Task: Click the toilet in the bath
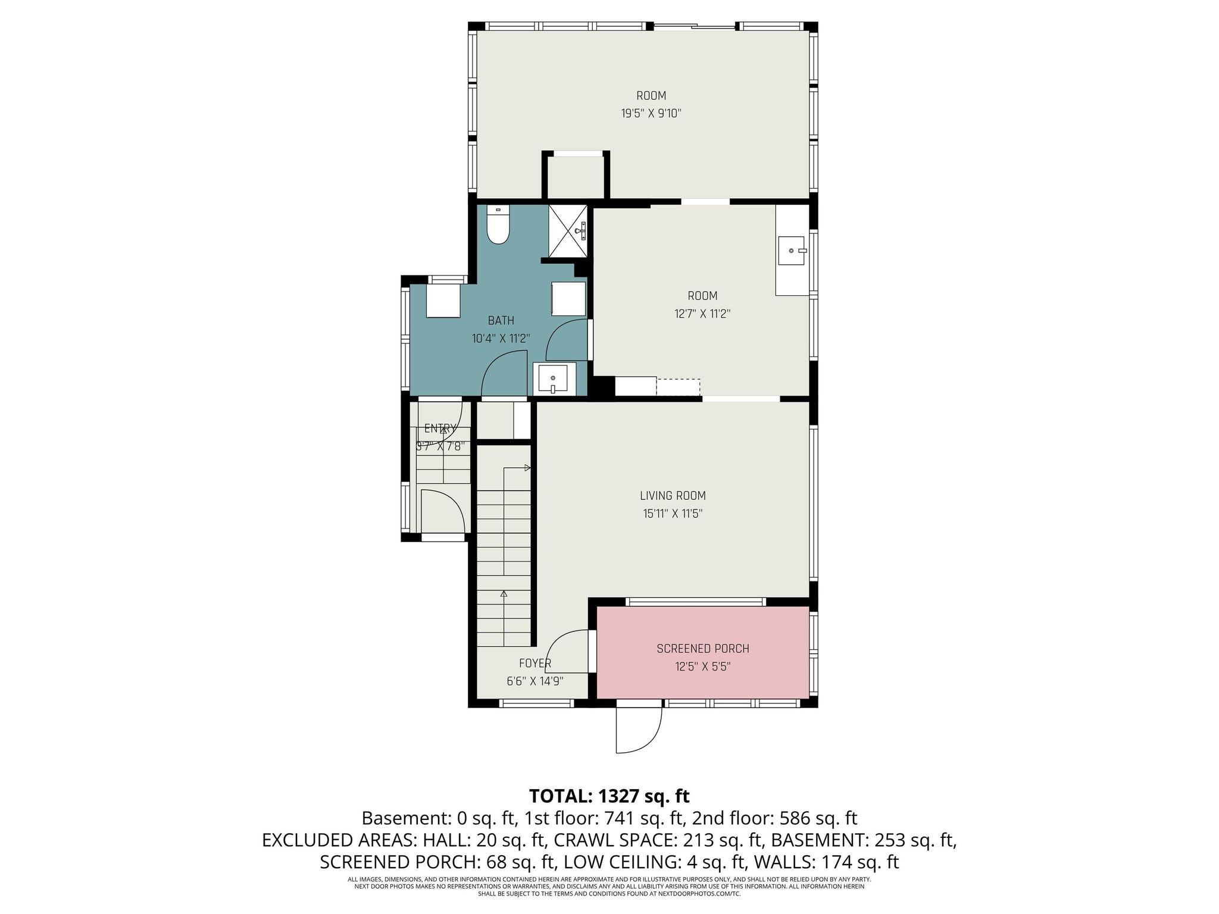pos(498,226)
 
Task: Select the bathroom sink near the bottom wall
pos(553,378)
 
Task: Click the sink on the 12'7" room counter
pos(792,251)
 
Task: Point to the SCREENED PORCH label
pos(702,649)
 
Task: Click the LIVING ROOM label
pos(673,496)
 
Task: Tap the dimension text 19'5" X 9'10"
pos(651,113)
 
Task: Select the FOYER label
pos(535,663)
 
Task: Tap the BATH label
pos(501,321)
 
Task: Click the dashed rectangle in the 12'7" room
pos(678,387)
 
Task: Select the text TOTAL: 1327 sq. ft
pos(609,796)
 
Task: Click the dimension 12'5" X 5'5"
pos(702,666)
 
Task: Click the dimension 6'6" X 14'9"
pos(535,681)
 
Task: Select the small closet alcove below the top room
pos(575,176)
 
